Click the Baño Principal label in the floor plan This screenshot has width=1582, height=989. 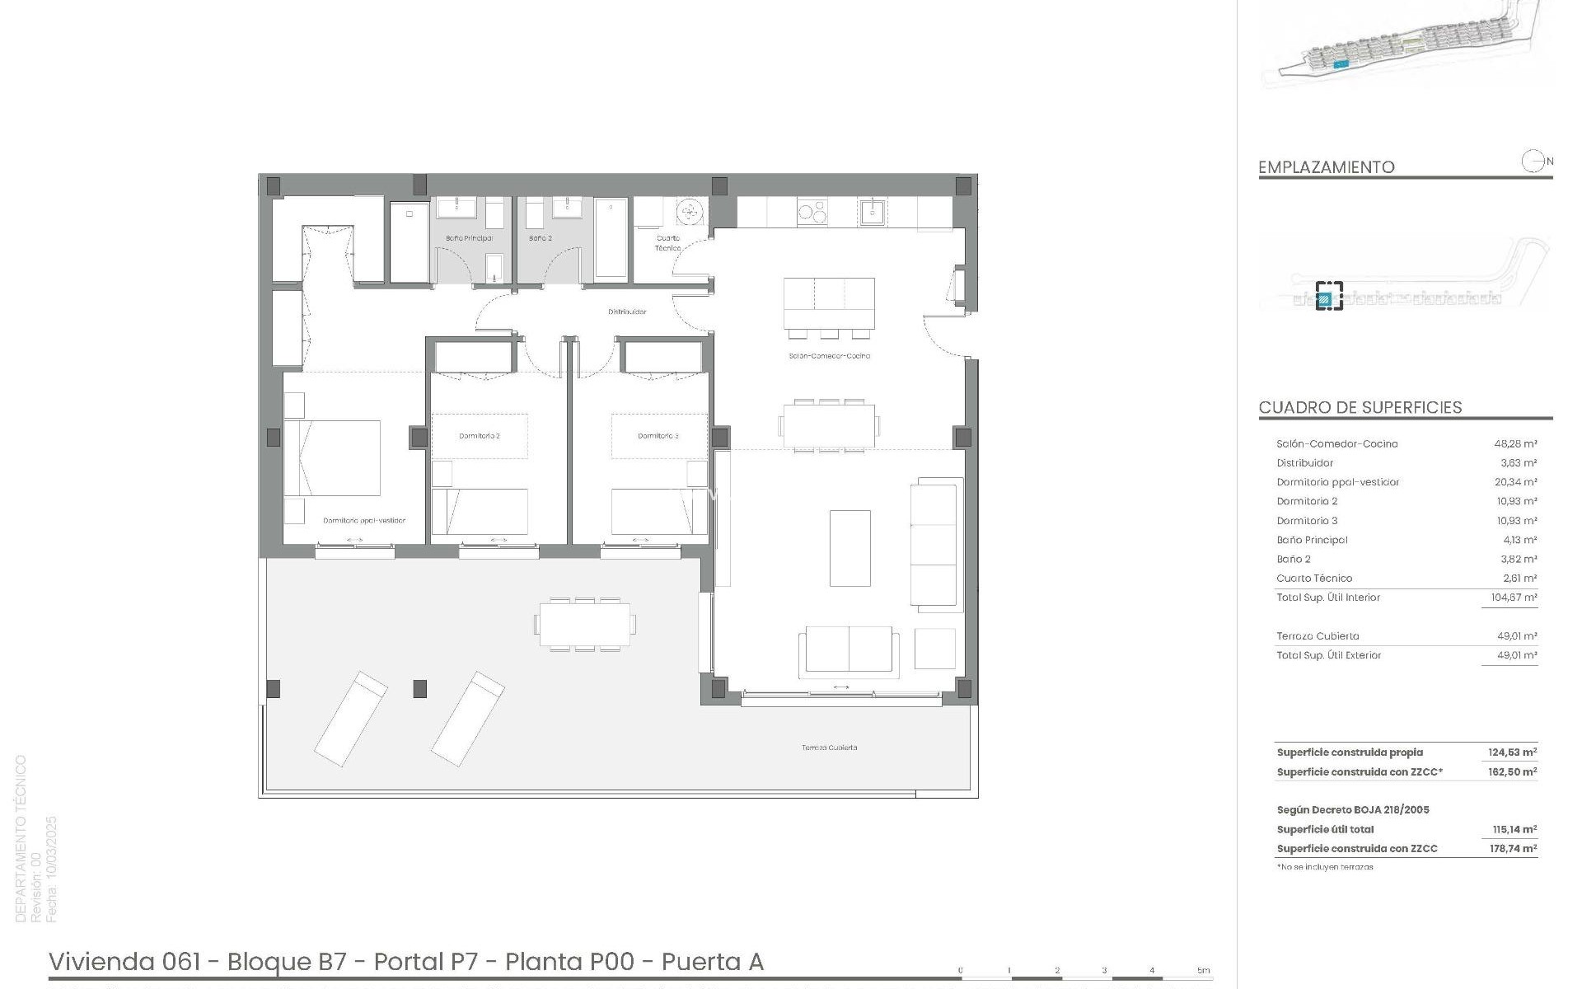469,238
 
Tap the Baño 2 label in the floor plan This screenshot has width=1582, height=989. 541,238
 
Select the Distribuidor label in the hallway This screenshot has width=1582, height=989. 627,312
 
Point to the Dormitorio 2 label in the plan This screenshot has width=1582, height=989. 480,436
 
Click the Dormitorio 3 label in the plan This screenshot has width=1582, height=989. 658,436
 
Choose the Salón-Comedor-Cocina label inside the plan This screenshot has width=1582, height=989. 829,356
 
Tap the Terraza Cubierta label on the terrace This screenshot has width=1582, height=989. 829,748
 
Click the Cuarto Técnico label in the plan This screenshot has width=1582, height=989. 668,242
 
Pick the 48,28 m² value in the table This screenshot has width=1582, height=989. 1515,443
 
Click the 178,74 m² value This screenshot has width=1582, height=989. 1513,848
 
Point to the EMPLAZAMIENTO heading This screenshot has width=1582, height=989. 1326,167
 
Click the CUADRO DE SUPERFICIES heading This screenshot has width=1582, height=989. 1360,407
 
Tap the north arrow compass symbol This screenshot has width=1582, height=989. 1533,162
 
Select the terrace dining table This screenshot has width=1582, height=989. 586,624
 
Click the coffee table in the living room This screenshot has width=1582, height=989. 850,548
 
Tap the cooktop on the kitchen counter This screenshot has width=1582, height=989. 811,212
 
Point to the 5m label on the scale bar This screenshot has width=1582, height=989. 1204,971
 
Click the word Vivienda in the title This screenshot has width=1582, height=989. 101,962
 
